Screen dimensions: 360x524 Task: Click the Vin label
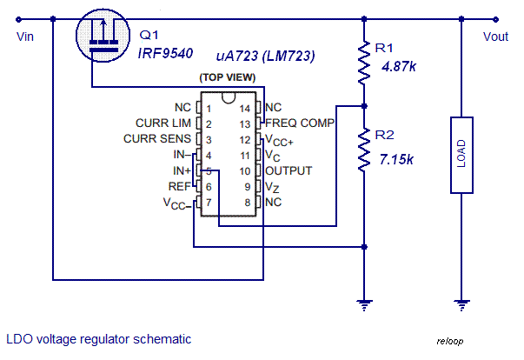click(24, 37)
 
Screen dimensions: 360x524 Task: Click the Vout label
click(496, 37)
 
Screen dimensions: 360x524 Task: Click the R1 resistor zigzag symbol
click(362, 63)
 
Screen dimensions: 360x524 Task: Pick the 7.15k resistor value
click(396, 158)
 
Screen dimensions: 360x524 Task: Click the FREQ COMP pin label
click(300, 123)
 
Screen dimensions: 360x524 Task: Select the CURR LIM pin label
click(163, 123)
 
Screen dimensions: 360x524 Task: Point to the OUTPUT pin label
click(289, 170)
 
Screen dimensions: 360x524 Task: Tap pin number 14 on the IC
click(245, 108)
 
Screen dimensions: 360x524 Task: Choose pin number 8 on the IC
click(245, 202)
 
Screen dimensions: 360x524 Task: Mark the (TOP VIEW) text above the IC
click(228, 78)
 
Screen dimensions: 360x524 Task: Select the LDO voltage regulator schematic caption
click(98, 339)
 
